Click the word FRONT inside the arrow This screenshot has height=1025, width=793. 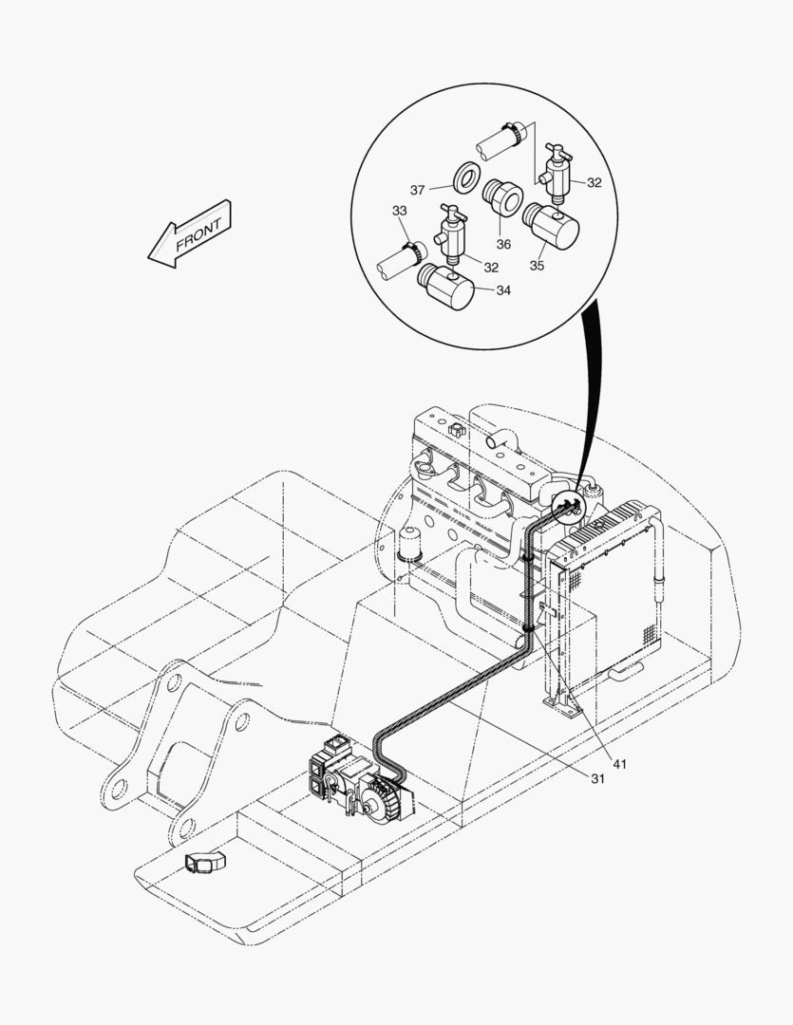pyautogui.click(x=198, y=234)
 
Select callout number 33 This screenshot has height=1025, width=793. pyautogui.click(x=399, y=210)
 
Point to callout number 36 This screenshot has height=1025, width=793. pyautogui.click(x=503, y=244)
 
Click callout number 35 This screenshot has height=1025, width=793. pyautogui.click(x=538, y=266)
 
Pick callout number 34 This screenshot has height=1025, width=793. pyautogui.click(x=502, y=290)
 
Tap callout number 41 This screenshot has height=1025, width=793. pyautogui.click(x=619, y=763)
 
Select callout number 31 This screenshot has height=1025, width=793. pyautogui.click(x=598, y=778)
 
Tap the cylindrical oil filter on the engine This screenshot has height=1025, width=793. pyautogui.click(x=412, y=545)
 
